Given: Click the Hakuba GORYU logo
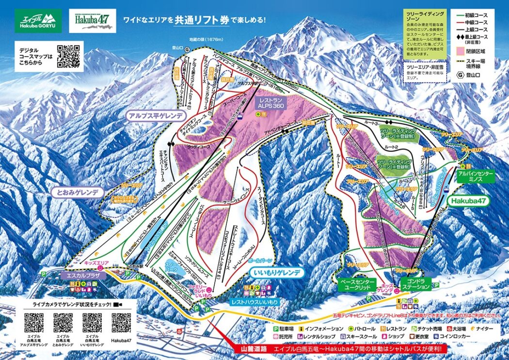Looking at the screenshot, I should (x=38, y=21).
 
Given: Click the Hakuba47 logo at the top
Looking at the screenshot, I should (x=91, y=20).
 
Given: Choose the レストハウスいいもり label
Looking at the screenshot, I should (x=254, y=302).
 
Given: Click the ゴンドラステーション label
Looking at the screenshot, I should (x=416, y=284).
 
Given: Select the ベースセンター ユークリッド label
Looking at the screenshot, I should (x=356, y=284).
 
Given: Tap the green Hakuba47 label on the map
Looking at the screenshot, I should (x=469, y=200).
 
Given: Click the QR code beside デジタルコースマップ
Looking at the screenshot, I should (x=68, y=55).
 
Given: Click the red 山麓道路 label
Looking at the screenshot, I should (x=251, y=348).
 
